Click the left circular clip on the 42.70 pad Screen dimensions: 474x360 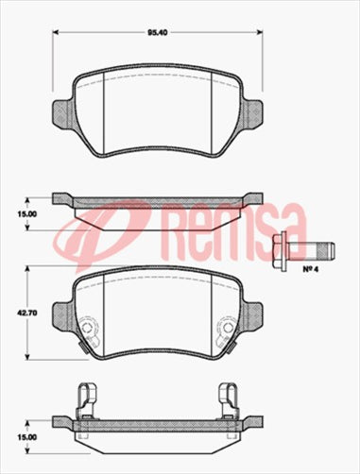pyautogui.click(x=88, y=330)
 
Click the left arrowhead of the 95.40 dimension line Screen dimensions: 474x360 pyautogui.click(x=55, y=33)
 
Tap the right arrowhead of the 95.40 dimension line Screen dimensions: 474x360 pyautogui.click(x=261, y=33)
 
